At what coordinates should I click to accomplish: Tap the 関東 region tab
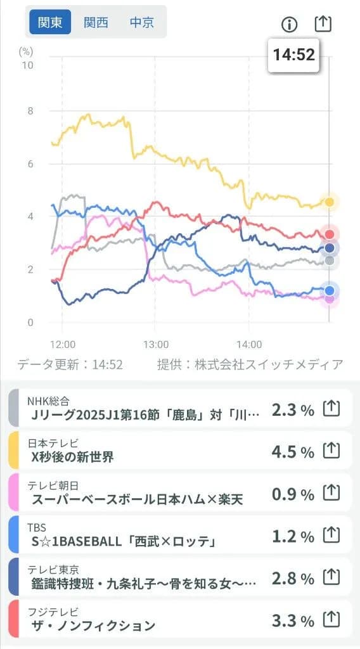(x=50, y=22)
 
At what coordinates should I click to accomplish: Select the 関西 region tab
(x=96, y=22)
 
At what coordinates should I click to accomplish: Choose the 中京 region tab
(x=142, y=22)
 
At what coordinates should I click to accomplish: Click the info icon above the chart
(x=289, y=25)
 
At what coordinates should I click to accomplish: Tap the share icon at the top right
(x=323, y=24)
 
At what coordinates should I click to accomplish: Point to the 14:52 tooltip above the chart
(x=293, y=55)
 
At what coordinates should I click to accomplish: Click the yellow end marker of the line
(x=329, y=202)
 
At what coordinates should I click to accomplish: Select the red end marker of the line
(x=329, y=235)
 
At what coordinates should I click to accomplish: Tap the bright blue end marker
(x=329, y=291)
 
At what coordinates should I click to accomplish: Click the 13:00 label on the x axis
(x=156, y=345)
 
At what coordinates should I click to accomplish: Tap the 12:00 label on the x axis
(x=63, y=345)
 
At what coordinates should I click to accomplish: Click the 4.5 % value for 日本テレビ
(x=292, y=451)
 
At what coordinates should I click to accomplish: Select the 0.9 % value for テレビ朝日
(x=292, y=494)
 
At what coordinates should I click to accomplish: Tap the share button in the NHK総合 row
(x=331, y=409)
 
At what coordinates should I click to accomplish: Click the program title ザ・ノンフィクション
(x=93, y=626)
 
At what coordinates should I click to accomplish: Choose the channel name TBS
(x=37, y=527)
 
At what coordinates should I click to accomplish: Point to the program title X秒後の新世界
(x=72, y=457)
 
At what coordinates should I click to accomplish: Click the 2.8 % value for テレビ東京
(x=292, y=578)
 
